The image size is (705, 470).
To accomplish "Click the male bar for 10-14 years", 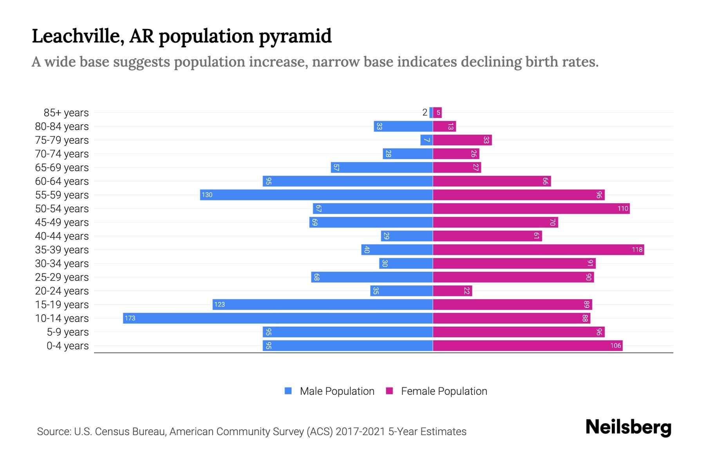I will point(278,318).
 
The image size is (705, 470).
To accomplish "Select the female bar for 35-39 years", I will point(538,249).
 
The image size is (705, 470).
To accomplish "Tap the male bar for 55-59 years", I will point(316,195).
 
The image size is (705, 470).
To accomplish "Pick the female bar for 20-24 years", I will point(452,291).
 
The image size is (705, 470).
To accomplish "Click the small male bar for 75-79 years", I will point(427,140).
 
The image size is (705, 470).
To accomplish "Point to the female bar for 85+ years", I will point(437,112).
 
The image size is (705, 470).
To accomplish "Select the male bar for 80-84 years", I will point(403,126).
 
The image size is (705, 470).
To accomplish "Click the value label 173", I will point(130,318).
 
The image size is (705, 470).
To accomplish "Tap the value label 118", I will point(637,249).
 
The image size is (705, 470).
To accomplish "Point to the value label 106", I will point(615,345).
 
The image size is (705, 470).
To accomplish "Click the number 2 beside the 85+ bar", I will point(425,112).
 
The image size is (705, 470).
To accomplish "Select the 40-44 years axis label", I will point(62,236).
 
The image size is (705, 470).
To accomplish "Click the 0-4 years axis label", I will point(67,345).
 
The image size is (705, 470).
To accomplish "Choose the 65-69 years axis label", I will point(62,167).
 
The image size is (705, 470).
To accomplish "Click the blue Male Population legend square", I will point(288,391).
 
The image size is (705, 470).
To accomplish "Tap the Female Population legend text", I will point(444,391).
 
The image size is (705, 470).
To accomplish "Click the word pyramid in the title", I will point(295,36).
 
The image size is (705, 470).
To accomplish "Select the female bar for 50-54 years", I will point(531,208).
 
